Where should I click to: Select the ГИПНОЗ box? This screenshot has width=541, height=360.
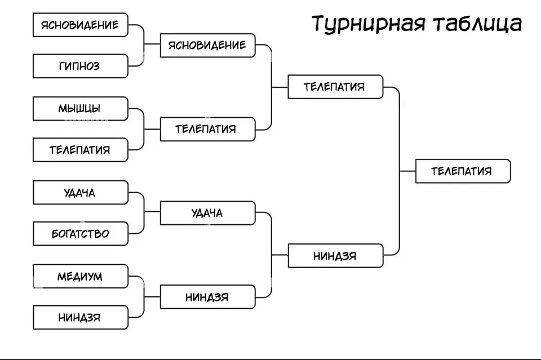80,66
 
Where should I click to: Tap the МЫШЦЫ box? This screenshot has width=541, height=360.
80,108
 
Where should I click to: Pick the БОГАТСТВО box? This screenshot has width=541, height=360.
80,233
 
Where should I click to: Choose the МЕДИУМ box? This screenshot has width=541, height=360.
80,276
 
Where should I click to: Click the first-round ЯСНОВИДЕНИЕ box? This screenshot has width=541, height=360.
80,25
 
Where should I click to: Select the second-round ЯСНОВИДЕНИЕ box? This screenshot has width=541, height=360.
207,45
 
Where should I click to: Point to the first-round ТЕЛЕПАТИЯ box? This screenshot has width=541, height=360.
80,150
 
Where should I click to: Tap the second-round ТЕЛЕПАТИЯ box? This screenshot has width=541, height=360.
207,129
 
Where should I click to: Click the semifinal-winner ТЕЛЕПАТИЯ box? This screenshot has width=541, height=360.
335,87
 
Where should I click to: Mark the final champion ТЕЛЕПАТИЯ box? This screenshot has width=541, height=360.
463,171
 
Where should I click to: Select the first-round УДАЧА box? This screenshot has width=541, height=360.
80,192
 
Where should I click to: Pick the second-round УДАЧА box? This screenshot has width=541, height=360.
207,212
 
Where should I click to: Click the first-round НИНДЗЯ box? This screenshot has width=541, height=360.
80,317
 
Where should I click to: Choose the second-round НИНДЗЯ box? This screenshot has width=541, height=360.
207,297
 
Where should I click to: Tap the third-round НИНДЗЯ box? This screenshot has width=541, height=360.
335,255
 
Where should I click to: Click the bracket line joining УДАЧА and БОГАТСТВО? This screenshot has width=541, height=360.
144,212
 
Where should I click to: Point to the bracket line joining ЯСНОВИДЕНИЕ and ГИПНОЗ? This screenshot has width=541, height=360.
144,45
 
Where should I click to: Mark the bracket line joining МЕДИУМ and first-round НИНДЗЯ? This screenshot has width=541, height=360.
144,297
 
